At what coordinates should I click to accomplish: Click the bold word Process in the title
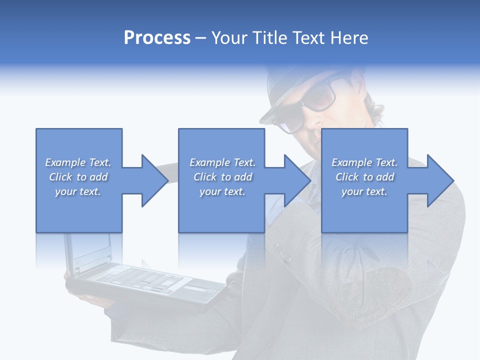(x=157, y=38)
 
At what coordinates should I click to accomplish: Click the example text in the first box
(x=78, y=177)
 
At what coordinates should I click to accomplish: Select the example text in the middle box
(x=222, y=177)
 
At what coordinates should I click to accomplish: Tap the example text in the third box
(x=364, y=177)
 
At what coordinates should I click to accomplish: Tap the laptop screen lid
(x=90, y=250)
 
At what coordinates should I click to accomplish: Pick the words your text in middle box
(x=222, y=191)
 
